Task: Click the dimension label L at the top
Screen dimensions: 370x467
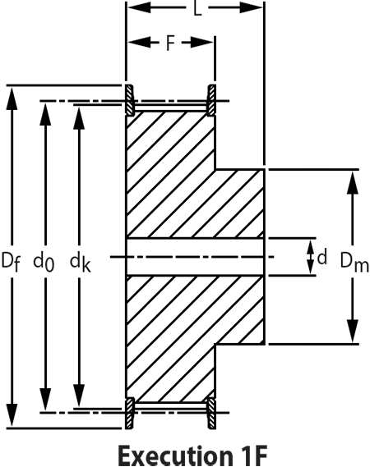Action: pos(197,9)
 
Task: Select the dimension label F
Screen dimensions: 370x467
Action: pos(169,43)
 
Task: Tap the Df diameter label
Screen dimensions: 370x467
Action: pos(11,262)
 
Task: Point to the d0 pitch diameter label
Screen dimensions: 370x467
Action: pos(44,263)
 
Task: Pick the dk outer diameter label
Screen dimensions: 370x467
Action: pos(80,263)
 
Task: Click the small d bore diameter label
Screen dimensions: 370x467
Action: pos(322,258)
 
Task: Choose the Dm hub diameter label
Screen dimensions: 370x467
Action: pos(354,263)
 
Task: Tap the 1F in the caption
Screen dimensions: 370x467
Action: pos(252,455)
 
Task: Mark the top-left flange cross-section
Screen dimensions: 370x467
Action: pos(130,100)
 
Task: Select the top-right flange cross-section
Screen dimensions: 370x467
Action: pos(212,100)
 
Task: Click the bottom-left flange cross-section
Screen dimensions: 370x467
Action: pos(130,413)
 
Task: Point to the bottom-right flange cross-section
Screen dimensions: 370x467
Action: pos(212,413)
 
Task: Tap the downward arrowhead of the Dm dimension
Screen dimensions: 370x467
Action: pos(353,331)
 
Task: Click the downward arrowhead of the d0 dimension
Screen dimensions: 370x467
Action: pos(45,399)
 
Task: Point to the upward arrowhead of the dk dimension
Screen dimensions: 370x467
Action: pos(80,118)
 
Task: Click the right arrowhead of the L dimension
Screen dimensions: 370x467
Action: pos(251,7)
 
